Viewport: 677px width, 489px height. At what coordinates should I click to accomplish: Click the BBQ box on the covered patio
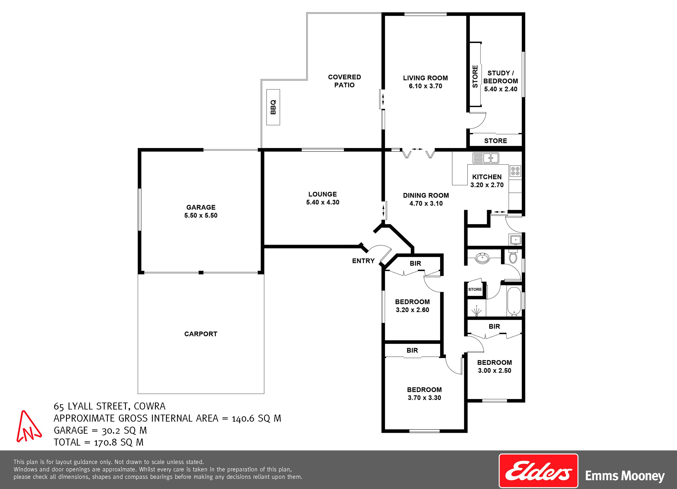click(273, 107)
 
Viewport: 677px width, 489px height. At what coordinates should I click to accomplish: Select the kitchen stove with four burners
click(515, 171)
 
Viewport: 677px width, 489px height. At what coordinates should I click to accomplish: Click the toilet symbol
click(513, 257)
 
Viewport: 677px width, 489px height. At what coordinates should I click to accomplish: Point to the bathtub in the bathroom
click(514, 301)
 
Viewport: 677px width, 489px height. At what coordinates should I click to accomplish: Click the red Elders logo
click(538, 471)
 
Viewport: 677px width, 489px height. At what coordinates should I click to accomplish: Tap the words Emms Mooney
click(625, 476)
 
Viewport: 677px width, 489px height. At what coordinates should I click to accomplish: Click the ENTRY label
click(363, 261)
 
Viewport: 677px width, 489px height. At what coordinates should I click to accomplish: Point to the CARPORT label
click(201, 334)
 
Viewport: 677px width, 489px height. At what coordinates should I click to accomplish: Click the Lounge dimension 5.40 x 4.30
click(323, 202)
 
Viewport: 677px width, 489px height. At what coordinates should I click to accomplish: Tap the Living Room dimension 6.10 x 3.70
click(425, 86)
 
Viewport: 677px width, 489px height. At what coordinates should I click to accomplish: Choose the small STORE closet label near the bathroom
click(475, 289)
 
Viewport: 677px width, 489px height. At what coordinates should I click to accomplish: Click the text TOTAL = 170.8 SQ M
click(98, 442)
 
